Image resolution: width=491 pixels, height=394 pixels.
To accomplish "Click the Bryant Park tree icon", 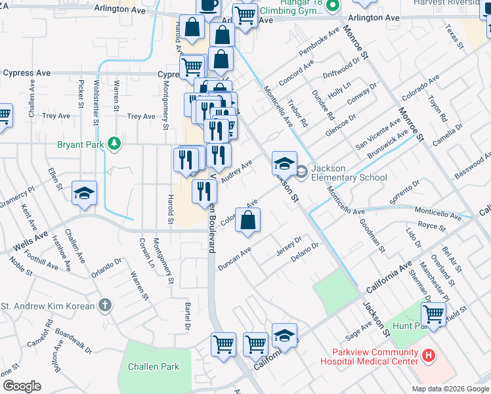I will (x=115, y=143).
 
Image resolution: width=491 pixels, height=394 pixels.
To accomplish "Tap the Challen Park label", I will (x=154, y=366).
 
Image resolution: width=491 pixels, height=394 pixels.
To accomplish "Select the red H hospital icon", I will (x=429, y=356).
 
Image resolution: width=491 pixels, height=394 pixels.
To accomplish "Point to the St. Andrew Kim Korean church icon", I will (x=105, y=305).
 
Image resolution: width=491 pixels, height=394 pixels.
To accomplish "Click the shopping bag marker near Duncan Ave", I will (x=247, y=221).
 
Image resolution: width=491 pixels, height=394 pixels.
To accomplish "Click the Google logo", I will (x=22, y=386).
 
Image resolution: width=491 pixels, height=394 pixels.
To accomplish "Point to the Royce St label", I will (x=431, y=228).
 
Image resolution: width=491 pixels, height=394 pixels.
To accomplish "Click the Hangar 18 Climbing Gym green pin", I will (x=333, y=7).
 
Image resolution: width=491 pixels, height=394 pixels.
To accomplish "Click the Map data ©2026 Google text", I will (x=450, y=389).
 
